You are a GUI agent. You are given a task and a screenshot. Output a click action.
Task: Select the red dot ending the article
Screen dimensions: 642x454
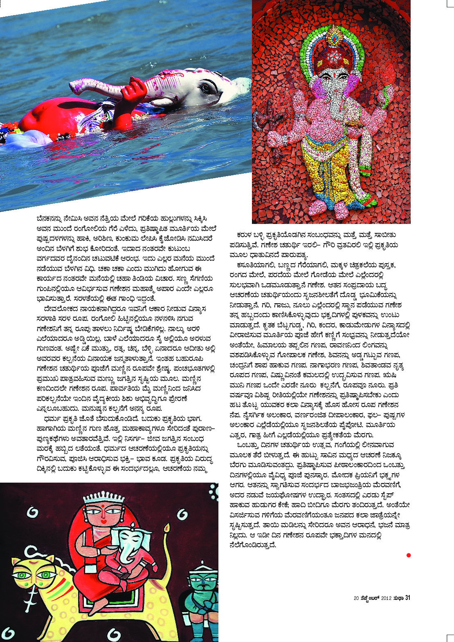tap(408, 555)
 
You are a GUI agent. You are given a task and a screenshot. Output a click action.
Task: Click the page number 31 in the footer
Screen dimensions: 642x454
tap(407, 598)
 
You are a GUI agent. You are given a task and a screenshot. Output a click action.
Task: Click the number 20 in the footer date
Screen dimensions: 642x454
tap(356, 598)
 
